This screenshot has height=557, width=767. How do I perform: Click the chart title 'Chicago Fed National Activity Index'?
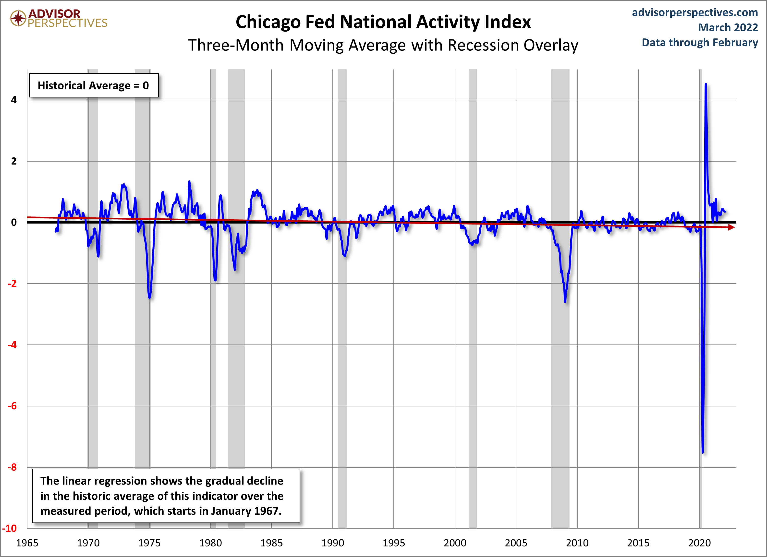coord(383,22)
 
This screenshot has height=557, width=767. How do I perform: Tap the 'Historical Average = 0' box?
coord(94,85)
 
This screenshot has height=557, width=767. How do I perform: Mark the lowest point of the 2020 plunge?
coord(703,452)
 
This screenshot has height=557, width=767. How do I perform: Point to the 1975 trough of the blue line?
coord(149,298)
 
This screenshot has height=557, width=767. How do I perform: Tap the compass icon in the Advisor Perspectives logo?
coord(18,18)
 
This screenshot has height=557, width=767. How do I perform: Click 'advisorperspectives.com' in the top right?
coord(695,12)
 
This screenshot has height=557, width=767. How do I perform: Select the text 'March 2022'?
coord(728,27)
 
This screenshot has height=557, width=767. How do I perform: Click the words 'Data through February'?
coord(700,43)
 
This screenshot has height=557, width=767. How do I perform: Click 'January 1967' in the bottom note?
coord(246,511)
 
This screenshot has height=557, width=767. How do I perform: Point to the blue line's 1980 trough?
coord(215,280)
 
